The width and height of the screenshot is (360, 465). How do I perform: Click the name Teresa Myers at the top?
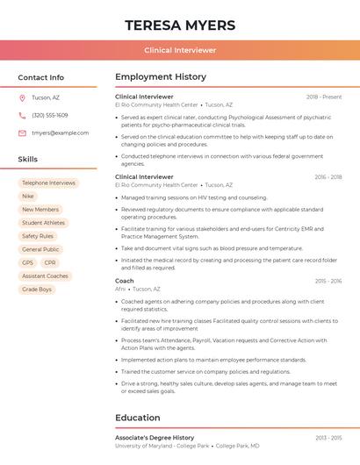coord(180,25)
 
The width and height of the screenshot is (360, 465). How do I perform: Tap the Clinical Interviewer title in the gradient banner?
coord(180,50)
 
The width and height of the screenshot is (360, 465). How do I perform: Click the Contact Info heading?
coord(40,77)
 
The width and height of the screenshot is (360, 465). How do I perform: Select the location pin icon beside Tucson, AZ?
coord(22,97)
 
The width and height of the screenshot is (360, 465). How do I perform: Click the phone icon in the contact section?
coord(22,115)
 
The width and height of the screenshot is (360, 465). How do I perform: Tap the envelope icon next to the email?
coord(22,132)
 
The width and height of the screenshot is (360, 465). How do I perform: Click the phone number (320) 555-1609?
coord(49,115)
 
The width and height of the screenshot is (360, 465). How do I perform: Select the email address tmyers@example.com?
coord(60,132)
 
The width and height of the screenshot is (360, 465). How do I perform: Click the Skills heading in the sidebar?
coord(28,159)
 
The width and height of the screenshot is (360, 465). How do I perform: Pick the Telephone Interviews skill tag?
coord(48,183)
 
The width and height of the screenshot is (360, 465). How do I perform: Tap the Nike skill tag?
coord(28,197)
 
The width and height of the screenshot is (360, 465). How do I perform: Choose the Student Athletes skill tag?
coord(43,223)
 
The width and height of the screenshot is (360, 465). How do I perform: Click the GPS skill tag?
coord(27,262)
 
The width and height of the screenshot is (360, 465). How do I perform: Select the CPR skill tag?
coord(50,262)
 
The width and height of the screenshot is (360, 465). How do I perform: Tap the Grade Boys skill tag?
coord(36,289)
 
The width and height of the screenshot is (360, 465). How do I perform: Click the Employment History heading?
coord(161,77)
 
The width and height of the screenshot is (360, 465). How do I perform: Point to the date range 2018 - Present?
coord(324,97)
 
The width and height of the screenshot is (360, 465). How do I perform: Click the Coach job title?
coord(125,281)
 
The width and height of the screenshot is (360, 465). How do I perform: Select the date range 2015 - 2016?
coord(328,281)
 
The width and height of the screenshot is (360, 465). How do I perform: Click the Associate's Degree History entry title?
coord(155,437)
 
